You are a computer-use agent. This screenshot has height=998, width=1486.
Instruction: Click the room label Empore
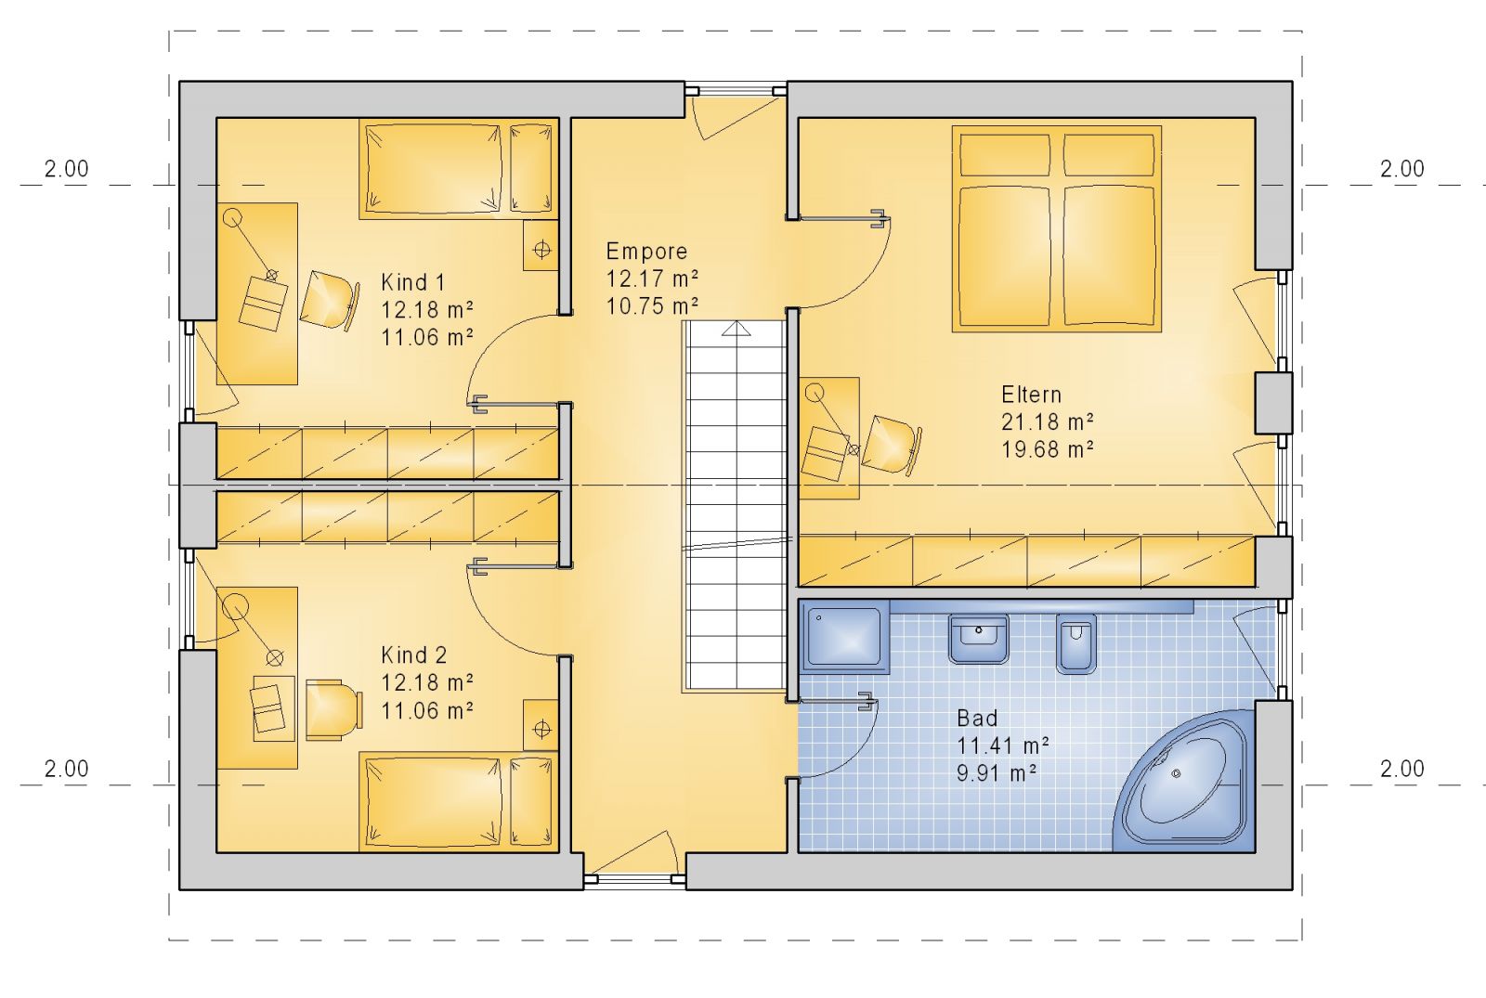coord(646,252)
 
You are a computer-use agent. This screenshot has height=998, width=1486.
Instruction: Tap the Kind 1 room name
coord(412,282)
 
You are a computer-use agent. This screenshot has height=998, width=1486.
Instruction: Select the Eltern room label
coord(1032,395)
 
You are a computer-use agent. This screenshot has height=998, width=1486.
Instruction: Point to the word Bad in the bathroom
coord(977,719)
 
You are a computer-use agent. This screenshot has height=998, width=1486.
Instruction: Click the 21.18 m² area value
coord(1048,421)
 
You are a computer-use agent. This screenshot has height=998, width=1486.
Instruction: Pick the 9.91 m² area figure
coord(997,773)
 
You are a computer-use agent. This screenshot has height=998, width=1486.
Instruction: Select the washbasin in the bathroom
coord(979,638)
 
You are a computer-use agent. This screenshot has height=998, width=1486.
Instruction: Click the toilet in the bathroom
coord(1075,643)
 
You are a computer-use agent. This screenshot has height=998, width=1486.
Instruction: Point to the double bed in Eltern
coord(1057,228)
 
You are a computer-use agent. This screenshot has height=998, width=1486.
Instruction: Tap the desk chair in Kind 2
coord(334,709)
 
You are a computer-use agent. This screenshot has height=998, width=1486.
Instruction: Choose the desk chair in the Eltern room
coord(893,445)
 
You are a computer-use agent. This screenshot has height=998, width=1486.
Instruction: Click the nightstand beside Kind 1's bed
coord(541,245)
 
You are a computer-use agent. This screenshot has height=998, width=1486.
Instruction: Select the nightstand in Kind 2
coord(541,725)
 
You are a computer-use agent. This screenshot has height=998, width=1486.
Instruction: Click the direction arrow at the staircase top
coord(736,329)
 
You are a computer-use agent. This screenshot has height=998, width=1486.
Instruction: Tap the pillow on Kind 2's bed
coord(531,802)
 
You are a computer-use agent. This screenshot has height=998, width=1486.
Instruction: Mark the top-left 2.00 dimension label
coord(66,169)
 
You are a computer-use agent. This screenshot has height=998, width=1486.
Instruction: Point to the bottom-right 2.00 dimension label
coord(1402,769)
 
